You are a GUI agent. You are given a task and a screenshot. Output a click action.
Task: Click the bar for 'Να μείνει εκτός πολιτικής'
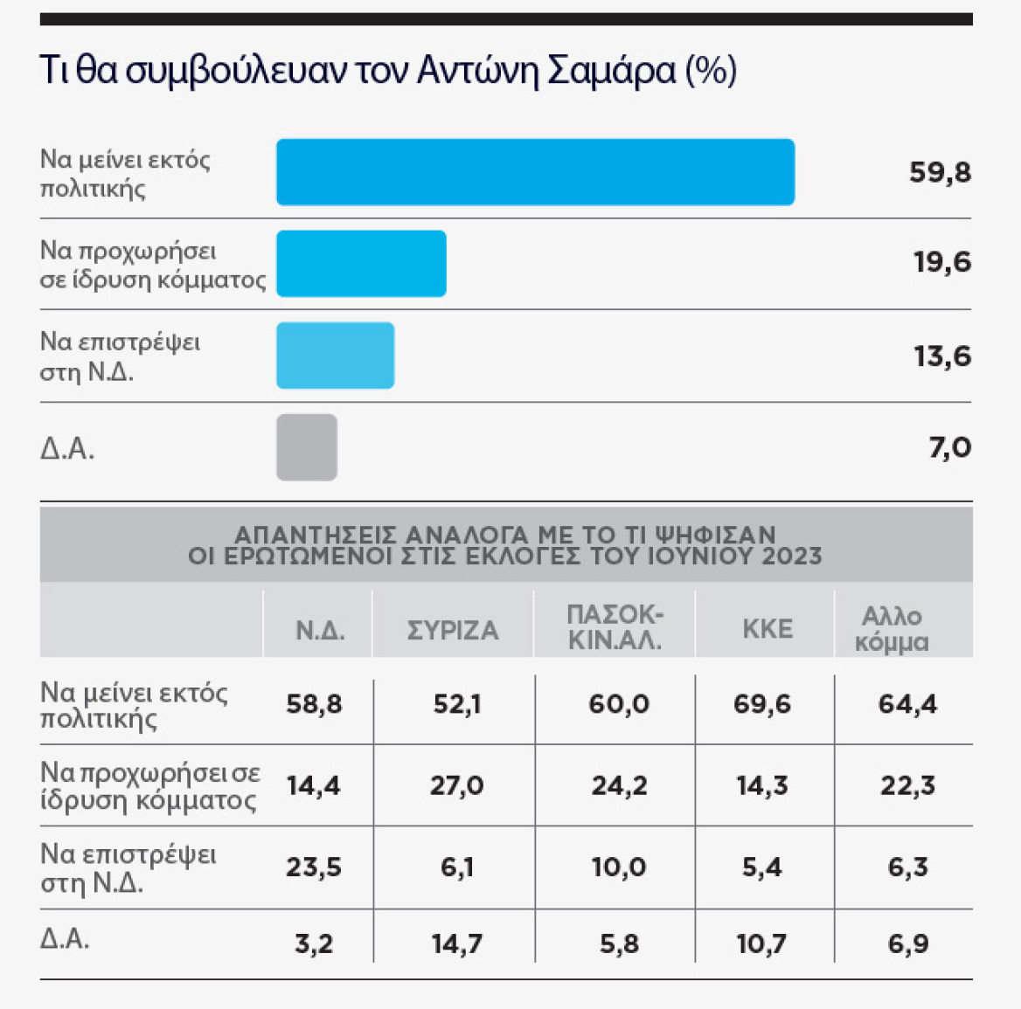pyautogui.click(x=535, y=172)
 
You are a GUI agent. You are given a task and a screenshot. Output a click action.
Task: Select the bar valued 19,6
pyautogui.click(x=361, y=264)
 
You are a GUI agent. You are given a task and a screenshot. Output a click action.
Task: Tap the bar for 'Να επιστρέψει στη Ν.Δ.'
pyautogui.click(x=335, y=356)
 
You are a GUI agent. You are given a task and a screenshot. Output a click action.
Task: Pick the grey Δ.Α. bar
pyautogui.click(x=307, y=447)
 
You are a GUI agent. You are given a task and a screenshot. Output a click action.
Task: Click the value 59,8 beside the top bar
pyautogui.click(x=940, y=172)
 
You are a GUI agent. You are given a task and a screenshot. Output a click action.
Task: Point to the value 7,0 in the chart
pyautogui.click(x=949, y=448)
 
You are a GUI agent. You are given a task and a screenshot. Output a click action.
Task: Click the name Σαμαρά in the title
pyautogui.click(x=611, y=71)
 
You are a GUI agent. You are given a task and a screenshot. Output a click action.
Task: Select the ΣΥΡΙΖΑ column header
pyautogui.click(x=453, y=630)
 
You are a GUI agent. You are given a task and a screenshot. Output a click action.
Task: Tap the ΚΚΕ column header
pyautogui.click(x=767, y=629)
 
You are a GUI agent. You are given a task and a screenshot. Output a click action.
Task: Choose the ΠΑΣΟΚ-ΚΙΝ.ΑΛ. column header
pyautogui.click(x=615, y=628)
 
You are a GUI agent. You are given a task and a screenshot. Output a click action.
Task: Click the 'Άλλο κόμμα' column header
pyautogui.click(x=892, y=629)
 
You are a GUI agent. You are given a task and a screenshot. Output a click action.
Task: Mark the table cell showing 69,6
pyautogui.click(x=761, y=704)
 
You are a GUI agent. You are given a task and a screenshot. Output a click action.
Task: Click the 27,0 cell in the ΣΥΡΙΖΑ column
pyautogui.click(x=456, y=785)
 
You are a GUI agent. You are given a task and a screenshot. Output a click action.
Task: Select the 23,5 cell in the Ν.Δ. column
pyautogui.click(x=314, y=867)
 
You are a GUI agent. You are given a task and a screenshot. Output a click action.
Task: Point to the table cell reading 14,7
pyautogui.click(x=456, y=943)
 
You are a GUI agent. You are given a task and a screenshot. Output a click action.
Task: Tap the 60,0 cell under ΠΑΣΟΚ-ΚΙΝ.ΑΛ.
pyautogui.click(x=618, y=704)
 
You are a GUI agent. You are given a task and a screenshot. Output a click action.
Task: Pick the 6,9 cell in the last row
pyautogui.click(x=907, y=943)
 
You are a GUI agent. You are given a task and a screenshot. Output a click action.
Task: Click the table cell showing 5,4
pyautogui.click(x=761, y=867)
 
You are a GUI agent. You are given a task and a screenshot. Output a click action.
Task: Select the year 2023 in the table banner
pyautogui.click(x=791, y=556)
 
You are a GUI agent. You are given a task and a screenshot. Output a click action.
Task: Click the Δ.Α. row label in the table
pyautogui.click(x=65, y=939)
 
